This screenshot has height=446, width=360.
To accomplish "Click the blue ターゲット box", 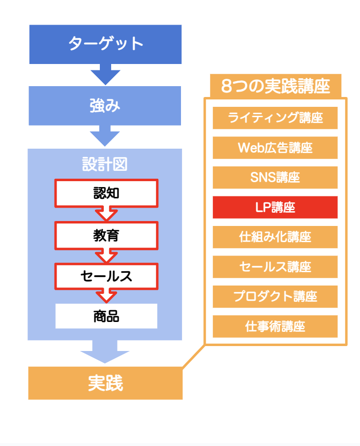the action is (105, 44).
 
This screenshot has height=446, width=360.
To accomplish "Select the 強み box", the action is (105, 106).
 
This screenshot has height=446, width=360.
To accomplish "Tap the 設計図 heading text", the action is (105, 164).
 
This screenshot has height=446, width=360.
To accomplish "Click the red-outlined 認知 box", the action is (106, 193).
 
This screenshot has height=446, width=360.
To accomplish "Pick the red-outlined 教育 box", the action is (106, 235).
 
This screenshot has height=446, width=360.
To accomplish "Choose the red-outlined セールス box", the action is (106, 276).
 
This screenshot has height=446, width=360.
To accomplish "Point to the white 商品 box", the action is (106, 316).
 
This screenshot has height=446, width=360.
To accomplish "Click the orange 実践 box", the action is (105, 383).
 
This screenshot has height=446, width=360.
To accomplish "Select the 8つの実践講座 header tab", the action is (275, 86).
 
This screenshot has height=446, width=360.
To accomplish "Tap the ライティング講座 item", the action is (275, 118).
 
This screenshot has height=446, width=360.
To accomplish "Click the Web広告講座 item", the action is (275, 148).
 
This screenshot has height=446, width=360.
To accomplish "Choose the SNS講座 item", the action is (275, 178).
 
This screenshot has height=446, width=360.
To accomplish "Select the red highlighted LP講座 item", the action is (275, 207).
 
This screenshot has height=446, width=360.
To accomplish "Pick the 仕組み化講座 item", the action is (275, 237).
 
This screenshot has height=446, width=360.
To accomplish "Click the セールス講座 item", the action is (275, 267).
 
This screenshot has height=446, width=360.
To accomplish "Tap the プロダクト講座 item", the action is (275, 297).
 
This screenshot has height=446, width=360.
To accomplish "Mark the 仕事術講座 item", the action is (275, 326).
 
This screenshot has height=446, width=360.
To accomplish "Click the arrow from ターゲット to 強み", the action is (105, 74).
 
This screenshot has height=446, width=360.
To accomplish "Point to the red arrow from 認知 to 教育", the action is (106, 215).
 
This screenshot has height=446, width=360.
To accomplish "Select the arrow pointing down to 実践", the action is (105, 352).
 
